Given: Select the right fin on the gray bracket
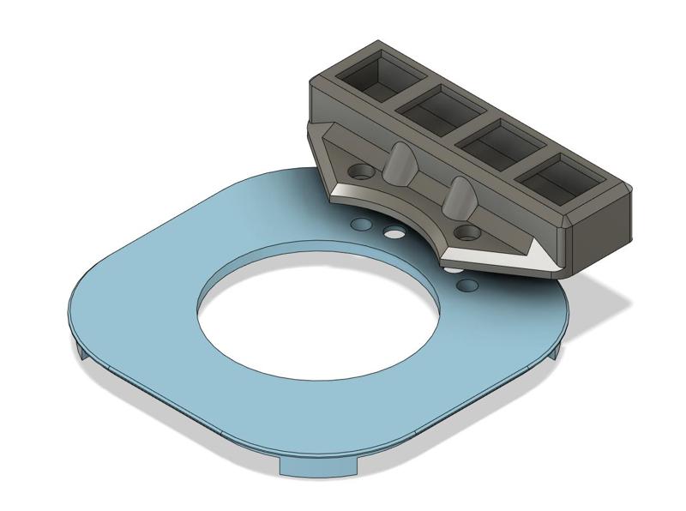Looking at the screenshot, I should [x=459, y=198].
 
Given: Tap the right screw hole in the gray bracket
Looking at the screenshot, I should [x=467, y=231].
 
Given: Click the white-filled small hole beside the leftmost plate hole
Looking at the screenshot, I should [x=393, y=232].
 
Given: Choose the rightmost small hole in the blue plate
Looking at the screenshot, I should [x=467, y=283].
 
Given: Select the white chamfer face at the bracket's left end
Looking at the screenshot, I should [x=347, y=191].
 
